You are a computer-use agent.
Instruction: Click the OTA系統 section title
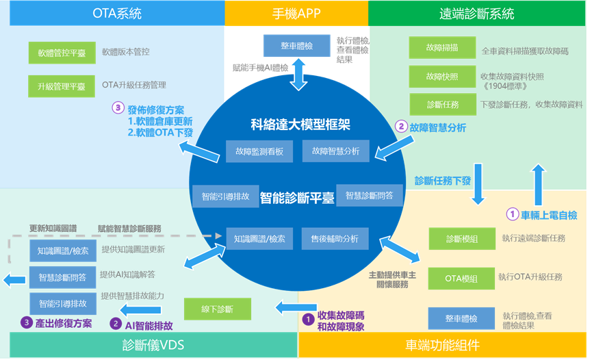point(112,13)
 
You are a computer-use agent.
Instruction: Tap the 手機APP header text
point(296,13)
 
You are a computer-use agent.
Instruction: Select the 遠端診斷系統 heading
point(477,13)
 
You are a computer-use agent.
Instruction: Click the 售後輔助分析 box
point(335,239)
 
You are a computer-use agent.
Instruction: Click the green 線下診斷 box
point(218,309)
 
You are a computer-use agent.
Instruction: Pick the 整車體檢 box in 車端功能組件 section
point(461,318)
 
